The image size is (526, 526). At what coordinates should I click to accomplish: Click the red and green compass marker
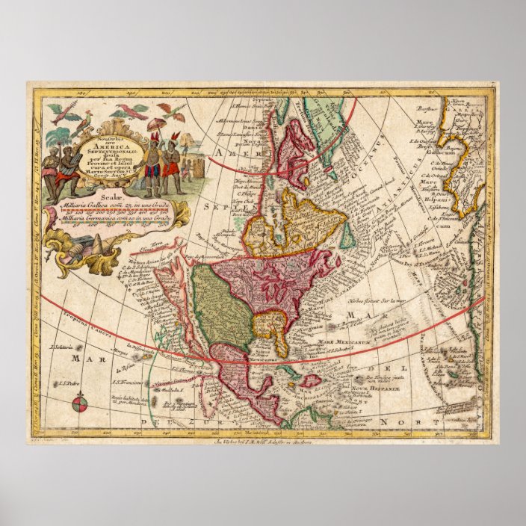(81, 404)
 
